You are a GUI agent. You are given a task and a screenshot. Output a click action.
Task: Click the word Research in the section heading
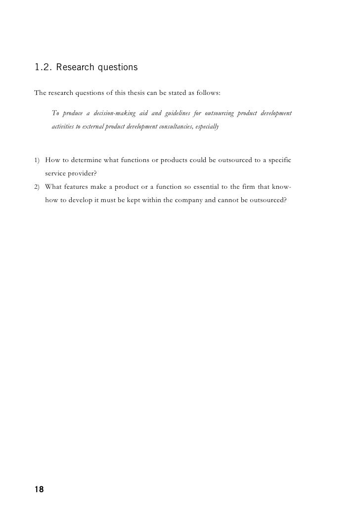click(74, 67)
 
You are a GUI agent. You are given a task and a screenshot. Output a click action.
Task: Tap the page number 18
click(39, 490)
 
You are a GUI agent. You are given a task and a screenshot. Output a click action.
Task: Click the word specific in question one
click(281, 161)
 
